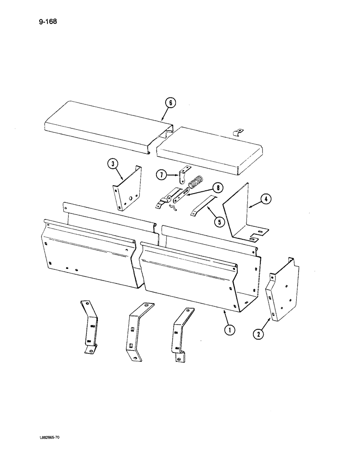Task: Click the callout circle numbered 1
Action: tap(228, 330)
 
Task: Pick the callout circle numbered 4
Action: tap(266, 199)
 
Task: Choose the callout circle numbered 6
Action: tap(170, 103)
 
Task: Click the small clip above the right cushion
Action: tap(238, 134)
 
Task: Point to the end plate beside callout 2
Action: tap(282, 290)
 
